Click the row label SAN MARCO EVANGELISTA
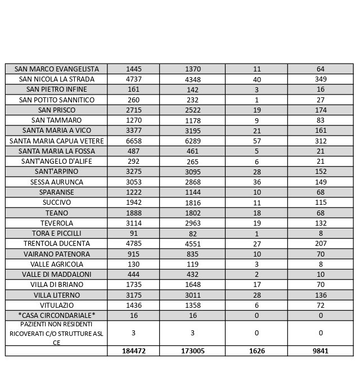tap(56, 69)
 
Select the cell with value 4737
tap(134, 79)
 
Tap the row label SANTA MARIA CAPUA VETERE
tap(57, 141)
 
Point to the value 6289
tap(192, 141)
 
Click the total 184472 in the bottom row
tap(134, 351)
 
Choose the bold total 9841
tap(321, 351)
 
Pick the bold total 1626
tap(256, 351)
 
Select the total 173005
tap(192, 351)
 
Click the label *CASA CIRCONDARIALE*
tap(57, 316)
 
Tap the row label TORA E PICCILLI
tap(57, 234)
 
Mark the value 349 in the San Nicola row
tap(321, 79)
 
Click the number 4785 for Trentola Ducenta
tap(134, 244)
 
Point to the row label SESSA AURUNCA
tap(57, 182)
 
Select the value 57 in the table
tap(256, 141)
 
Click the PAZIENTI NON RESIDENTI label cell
tap(56, 333)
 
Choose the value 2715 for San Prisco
tap(134, 110)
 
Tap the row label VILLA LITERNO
tap(57, 295)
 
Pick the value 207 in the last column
tap(321, 244)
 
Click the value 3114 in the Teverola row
tap(134, 223)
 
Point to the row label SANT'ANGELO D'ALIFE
tap(57, 161)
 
